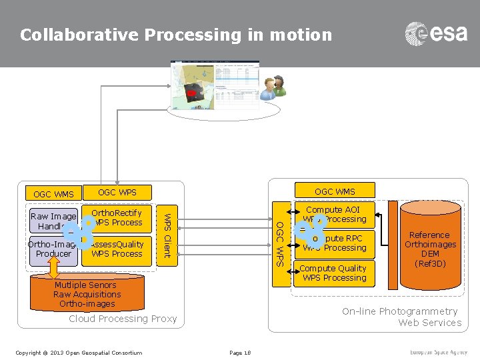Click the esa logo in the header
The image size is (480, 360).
click(436, 33)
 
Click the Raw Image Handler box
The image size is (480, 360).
click(53, 221)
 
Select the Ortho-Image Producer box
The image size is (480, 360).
click(53, 249)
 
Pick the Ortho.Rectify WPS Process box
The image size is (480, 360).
click(117, 218)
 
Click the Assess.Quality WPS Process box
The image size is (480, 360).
click(117, 249)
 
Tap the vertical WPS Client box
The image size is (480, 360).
click(168, 235)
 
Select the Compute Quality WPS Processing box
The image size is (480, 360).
click(333, 273)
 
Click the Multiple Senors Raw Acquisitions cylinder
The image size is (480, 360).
click(87, 294)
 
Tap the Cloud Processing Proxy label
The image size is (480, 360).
click(123, 319)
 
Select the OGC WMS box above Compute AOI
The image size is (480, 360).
click(335, 191)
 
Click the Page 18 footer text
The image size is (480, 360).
click(239, 353)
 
